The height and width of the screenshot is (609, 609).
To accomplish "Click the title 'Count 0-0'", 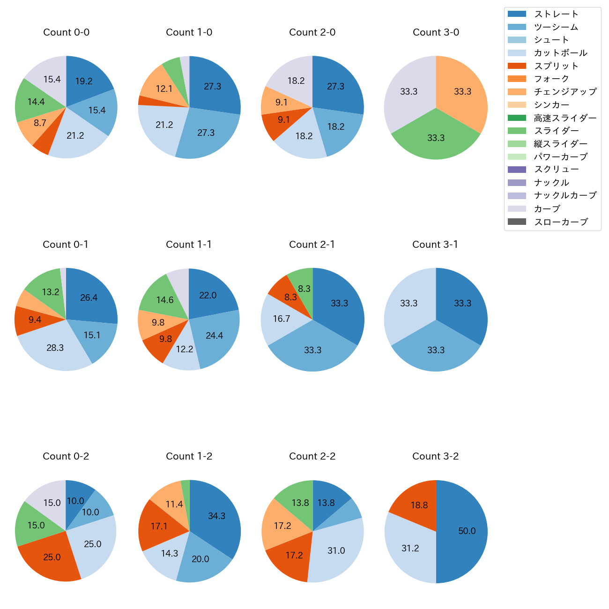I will pyautogui.click(x=66, y=32).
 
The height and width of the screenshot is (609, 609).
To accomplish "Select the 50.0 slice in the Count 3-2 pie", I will pyautogui.click(x=464, y=531).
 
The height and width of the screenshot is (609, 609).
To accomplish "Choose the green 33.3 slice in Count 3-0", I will pyautogui.click(x=436, y=137).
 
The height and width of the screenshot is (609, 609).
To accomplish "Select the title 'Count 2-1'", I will pyautogui.click(x=312, y=245).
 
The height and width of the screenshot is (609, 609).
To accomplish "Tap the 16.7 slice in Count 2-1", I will pyautogui.click(x=282, y=319).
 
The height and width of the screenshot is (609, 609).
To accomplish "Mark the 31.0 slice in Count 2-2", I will pyautogui.click(x=336, y=551).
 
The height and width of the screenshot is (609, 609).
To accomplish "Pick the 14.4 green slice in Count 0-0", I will pyautogui.click(x=36, y=102).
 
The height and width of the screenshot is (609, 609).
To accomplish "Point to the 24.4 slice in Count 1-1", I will pyautogui.click(x=215, y=335).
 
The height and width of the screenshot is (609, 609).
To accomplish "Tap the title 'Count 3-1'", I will pyautogui.click(x=435, y=245).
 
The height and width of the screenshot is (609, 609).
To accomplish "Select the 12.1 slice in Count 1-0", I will pyautogui.click(x=163, y=89).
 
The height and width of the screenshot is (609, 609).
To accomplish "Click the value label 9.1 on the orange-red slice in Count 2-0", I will pyautogui.click(x=283, y=120).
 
